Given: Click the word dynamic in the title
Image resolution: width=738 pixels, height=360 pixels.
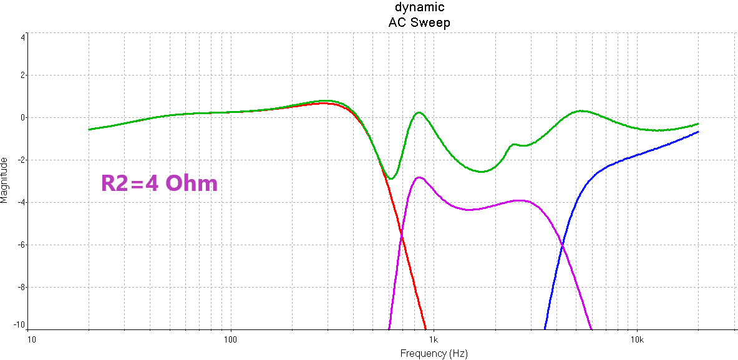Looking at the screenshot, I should pos(419,7).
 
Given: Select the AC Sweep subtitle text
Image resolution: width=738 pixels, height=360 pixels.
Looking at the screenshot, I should pos(419,22).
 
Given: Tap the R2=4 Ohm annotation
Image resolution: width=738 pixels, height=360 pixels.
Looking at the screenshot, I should pos(160,183).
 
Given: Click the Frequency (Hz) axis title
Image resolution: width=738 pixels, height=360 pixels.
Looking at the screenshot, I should pos(433,353).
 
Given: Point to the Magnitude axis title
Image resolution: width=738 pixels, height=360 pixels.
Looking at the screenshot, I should pos(6,180).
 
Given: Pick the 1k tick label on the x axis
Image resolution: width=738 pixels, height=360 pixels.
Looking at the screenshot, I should pos(434,339).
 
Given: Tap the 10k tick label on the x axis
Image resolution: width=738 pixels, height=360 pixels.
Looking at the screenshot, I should pos(636,339).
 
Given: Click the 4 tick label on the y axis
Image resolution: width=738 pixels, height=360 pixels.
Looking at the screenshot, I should pos(22,37).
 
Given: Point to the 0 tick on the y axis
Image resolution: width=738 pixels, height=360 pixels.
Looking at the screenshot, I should pos(22,117).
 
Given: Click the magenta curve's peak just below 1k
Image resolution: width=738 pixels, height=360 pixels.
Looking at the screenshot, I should pos(419,177).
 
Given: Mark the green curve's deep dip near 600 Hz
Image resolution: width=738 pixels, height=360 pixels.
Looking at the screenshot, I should pos(391,179).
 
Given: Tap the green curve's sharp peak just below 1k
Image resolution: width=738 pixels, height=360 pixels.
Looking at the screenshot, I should pos(419,112).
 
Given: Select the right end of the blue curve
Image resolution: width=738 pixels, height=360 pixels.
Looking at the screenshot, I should pos(698,132).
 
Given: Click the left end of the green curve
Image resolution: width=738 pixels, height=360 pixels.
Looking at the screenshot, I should pos(89,129).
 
